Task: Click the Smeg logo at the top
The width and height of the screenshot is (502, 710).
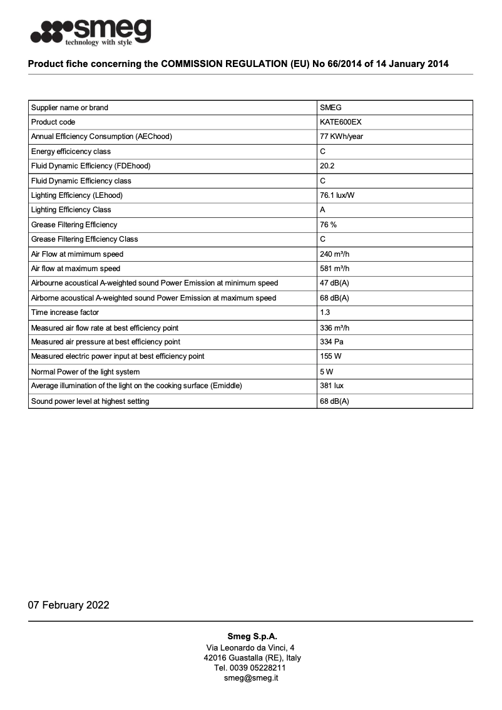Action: pos(91,31)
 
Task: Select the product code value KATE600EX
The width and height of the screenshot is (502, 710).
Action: pos(341,122)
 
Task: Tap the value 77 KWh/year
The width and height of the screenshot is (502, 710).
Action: pos(341,136)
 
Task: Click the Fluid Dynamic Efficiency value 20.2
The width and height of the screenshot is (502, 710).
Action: pos(327,166)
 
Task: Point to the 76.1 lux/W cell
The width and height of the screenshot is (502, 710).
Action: pos(337,195)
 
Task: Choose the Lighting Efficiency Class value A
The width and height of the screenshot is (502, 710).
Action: pos(322,210)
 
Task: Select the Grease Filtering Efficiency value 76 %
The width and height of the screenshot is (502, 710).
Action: pos(328,225)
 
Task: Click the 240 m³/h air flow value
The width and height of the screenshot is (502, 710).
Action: pos(334,254)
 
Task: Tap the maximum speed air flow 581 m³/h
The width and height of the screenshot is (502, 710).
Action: pos(334,269)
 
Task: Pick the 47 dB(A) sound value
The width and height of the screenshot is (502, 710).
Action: pos(334,283)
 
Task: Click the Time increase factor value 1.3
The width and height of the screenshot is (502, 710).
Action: pos(325,312)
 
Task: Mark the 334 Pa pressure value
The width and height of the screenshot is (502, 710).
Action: pos(332,342)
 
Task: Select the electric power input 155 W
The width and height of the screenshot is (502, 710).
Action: pos(330,356)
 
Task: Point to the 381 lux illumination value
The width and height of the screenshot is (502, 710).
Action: pos(330,386)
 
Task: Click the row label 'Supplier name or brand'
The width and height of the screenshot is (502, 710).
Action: pos(69,108)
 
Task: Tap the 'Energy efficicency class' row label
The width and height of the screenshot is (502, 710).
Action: pos(71,152)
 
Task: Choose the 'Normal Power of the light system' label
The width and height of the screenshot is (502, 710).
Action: pos(85,371)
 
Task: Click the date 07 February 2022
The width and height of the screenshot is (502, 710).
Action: pos(68,605)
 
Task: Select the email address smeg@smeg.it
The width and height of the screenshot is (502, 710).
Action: pos(251,677)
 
